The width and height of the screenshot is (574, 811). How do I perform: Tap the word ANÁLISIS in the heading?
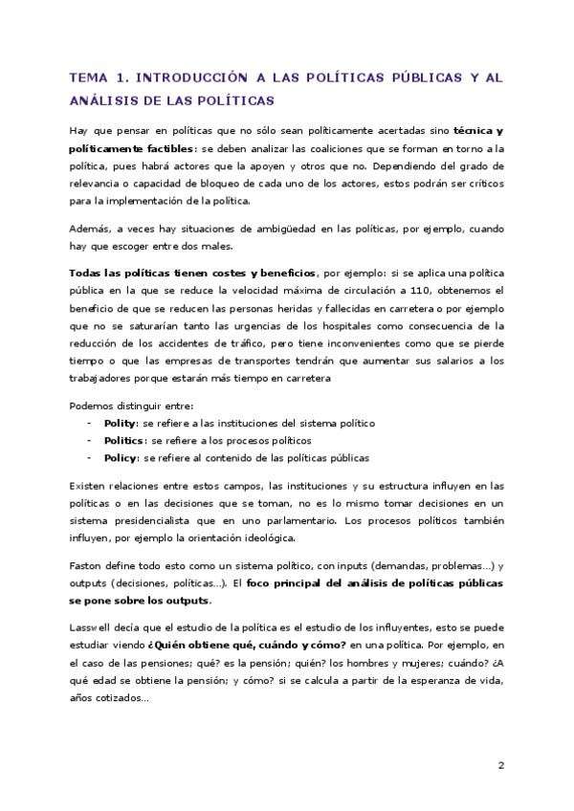tap(105, 99)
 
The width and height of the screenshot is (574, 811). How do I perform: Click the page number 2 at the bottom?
tap(500, 764)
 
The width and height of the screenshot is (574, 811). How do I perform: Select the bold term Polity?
tap(120, 422)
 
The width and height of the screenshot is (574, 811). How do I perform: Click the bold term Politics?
tap(125, 440)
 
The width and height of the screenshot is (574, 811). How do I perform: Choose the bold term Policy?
tap(121, 457)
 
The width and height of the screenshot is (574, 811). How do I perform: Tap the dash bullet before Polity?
tap(89, 422)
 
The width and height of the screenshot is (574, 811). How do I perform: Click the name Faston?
tap(86, 565)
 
